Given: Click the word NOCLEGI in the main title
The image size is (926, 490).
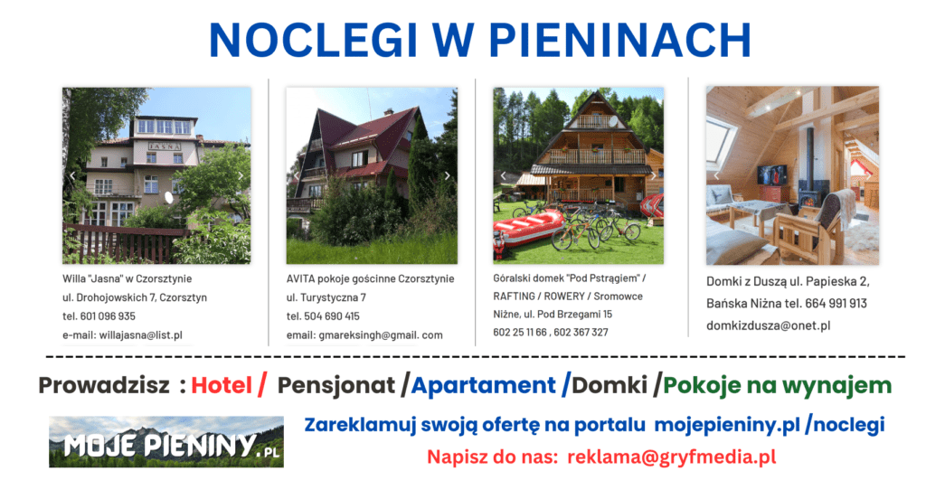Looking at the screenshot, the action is [313, 40].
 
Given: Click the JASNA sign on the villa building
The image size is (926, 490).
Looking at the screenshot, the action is [165, 146].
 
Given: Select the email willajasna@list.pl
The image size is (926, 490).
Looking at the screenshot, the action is [140, 335].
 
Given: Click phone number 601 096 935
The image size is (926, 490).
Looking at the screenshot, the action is [108, 316].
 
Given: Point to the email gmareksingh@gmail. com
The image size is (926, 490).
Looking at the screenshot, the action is [381, 335].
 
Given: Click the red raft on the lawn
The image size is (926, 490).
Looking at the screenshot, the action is [528, 228].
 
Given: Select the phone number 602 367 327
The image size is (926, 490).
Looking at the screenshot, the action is [581, 333].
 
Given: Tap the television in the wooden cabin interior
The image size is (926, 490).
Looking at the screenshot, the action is [772, 175].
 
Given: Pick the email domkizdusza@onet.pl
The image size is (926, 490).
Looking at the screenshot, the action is [769, 325].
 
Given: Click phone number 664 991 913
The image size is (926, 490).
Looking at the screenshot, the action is [836, 304].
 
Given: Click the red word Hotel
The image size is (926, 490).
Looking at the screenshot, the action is [222, 385].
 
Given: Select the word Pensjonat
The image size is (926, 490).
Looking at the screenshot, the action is [336, 385].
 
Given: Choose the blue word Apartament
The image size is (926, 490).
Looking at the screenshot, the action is [484, 385].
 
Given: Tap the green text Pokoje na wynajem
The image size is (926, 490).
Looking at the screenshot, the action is [777, 385].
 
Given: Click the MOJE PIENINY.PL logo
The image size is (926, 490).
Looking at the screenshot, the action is [166, 441].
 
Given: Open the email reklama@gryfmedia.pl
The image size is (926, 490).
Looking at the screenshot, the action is [672, 457].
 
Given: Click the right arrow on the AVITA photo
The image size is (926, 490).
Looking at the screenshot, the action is [447, 176].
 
